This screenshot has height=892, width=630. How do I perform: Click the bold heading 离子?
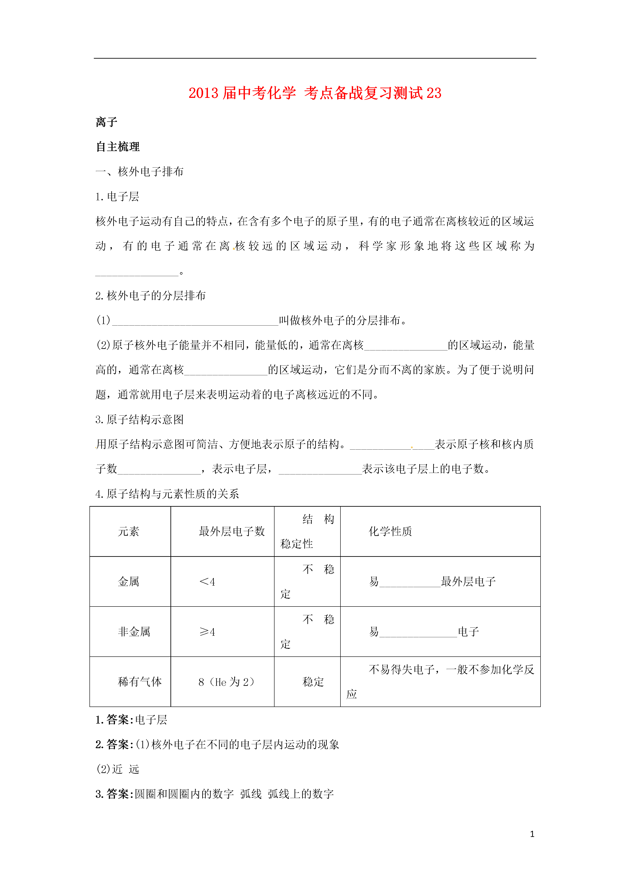coord(106,122)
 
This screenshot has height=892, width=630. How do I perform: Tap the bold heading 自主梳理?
coord(118,147)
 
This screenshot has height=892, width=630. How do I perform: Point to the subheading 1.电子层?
coord(117,197)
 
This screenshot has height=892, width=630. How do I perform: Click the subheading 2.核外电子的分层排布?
coord(151,296)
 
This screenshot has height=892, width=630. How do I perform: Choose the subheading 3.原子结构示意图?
coord(140,420)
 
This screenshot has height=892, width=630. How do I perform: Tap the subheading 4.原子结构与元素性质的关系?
coord(167,494)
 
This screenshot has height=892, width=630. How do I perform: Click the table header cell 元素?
coord(128,532)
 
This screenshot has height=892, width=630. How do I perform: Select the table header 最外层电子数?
coord(232,532)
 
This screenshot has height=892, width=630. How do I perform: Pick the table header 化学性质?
coord(390,532)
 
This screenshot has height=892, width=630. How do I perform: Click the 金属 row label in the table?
coord(128,582)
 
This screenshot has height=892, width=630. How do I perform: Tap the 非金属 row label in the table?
coord(134,632)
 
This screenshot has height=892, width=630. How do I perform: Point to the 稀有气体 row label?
coord(140,682)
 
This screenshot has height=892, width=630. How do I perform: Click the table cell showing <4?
coord(207,582)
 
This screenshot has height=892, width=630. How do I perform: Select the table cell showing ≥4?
coord(207,632)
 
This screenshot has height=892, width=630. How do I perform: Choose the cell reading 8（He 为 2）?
coord(226,682)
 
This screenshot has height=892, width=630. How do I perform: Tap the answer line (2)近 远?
coord(118,769)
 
